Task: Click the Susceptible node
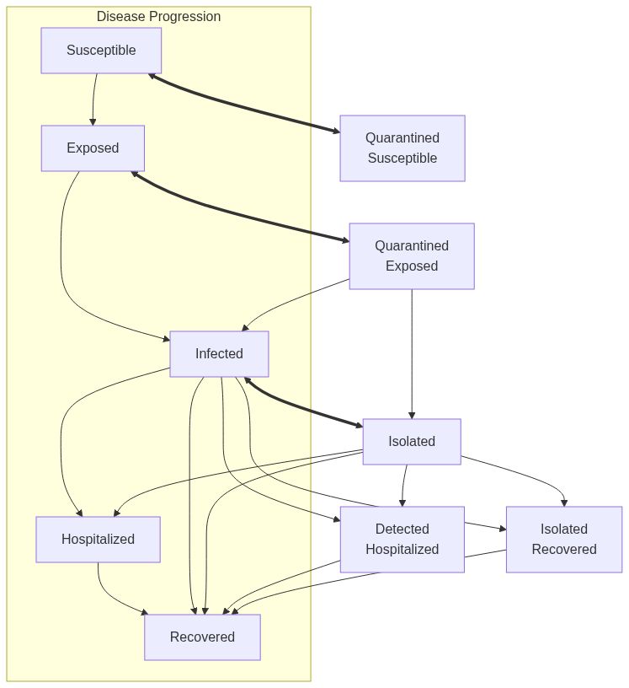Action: pos(101,51)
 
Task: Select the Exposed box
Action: pos(93,148)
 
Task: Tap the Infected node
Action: pos(219,354)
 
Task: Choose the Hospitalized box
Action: pos(98,540)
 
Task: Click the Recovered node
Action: pos(202,637)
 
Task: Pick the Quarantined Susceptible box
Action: pos(402,148)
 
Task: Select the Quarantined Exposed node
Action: pos(412,256)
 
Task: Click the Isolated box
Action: pos(412,442)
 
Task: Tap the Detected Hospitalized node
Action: pos(402,540)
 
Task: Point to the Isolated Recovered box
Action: pos(563,540)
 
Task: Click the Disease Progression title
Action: pos(158,17)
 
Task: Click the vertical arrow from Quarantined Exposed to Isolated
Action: pos(412,354)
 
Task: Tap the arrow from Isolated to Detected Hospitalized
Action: pos(404,485)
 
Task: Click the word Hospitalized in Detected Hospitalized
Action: pos(402,550)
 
